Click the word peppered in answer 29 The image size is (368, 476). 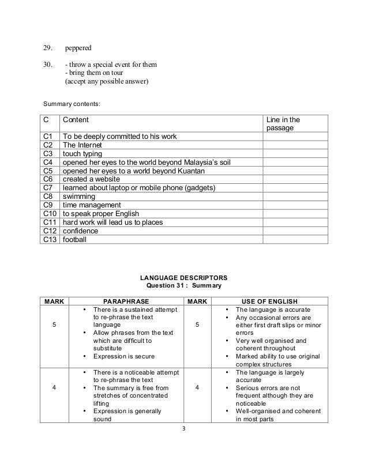78,43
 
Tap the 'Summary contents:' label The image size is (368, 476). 72,104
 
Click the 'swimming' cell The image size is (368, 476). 79,197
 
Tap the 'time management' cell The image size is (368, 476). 92,205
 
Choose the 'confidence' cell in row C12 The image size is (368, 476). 80,231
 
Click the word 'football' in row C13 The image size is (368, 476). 74,239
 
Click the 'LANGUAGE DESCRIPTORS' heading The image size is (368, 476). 184,278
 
